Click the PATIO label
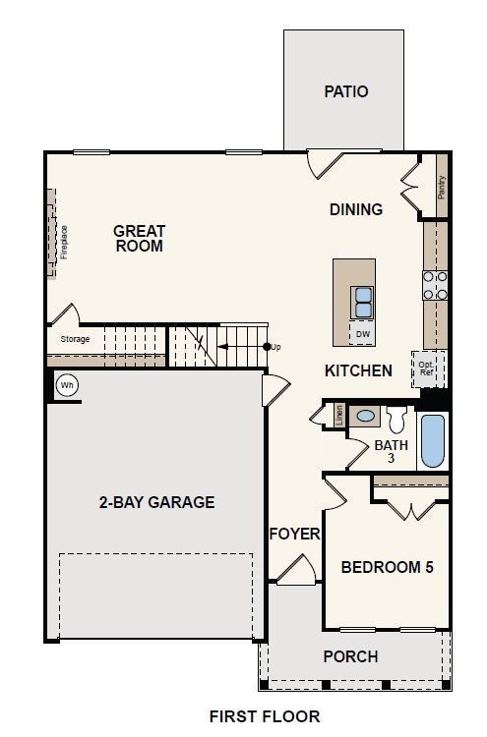point(346,91)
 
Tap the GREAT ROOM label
point(140,239)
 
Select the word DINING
point(356,209)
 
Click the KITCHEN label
point(358,370)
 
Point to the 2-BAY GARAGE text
point(156,502)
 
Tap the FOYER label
point(294,534)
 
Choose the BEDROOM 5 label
point(387,567)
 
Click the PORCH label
point(350,656)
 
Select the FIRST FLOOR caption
point(265,716)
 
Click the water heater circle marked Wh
point(67,386)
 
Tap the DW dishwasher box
point(362,334)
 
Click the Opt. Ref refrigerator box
point(427,368)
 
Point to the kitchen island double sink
point(362,303)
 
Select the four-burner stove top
point(435,285)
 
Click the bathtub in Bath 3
point(433,440)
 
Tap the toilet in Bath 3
point(396,419)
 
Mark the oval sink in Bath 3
point(365,416)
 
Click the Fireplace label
point(64,242)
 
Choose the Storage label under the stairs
point(75,339)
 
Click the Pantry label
point(442,187)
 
